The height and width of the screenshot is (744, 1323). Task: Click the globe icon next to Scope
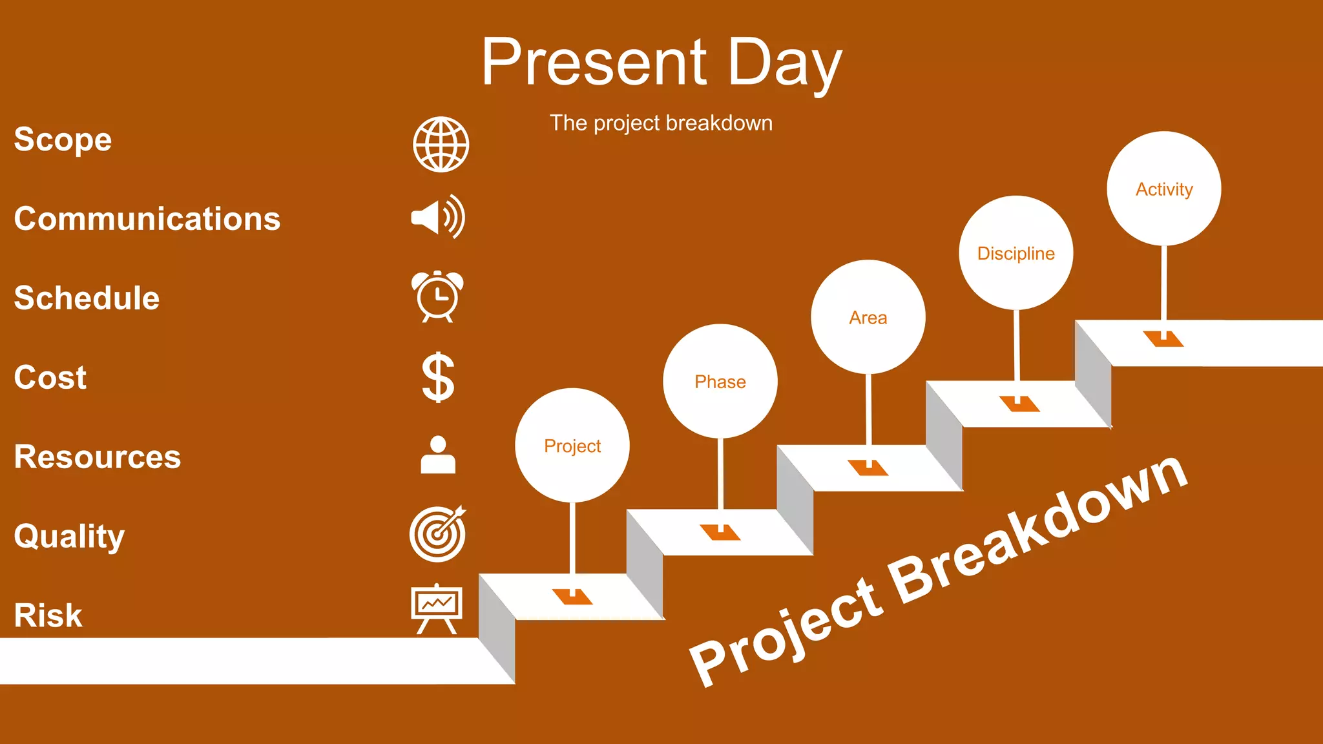point(441,144)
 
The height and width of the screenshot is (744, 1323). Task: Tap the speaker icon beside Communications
point(437,217)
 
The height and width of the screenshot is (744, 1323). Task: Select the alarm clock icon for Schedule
point(437,296)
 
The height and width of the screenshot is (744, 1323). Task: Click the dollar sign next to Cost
point(438,377)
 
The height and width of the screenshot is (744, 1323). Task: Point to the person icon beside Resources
point(438,455)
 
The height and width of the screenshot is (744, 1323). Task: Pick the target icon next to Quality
point(437,534)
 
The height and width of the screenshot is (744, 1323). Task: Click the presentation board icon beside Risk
point(437,608)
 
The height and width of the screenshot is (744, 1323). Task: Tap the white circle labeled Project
point(572,446)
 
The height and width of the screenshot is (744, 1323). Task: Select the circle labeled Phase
point(720,381)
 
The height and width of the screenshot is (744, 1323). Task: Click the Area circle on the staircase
point(868,317)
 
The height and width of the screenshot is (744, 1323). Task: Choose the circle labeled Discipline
point(1016,253)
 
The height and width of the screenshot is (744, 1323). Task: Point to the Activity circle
point(1163,189)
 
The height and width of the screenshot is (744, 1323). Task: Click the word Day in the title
point(784,63)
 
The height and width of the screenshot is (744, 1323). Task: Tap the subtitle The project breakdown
point(661,123)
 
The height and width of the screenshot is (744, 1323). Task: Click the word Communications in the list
point(147,219)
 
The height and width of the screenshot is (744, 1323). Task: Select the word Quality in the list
point(69,536)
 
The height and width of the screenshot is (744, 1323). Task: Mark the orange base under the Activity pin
point(1163,340)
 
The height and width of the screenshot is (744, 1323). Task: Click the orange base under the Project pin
point(572,597)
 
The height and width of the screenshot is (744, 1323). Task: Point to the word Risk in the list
point(48,615)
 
